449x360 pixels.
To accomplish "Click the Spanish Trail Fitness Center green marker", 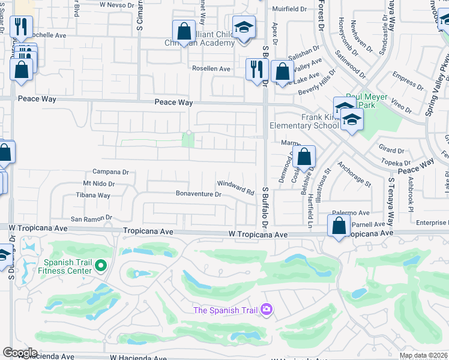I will pos(101,265).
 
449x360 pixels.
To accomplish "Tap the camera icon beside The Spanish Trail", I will pos(266,310).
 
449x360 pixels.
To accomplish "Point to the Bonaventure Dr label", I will pos(199,194).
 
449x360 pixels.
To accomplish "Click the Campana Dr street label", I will pos(110,172).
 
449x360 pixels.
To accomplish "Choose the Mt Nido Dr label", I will pos(98,184).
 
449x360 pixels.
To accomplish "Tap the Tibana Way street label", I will pos(93,196).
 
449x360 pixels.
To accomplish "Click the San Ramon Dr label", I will pos(92,218).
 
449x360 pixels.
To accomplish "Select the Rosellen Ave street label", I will pos(211,69).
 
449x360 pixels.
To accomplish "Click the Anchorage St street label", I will pos(354,173).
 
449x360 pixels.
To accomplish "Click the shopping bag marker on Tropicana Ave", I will pos(339,226).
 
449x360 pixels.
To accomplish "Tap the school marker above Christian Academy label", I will pos(243,28).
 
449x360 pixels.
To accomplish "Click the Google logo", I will pos(20,353).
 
